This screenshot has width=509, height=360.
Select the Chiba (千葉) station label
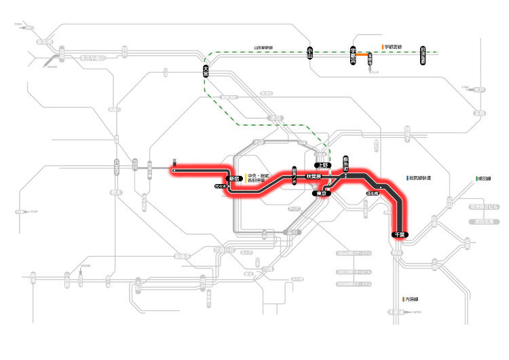[399, 234]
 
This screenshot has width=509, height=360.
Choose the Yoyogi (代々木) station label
[220, 185]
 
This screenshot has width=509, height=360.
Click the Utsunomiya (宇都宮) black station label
[353, 56]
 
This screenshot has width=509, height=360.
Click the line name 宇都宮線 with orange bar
[392, 47]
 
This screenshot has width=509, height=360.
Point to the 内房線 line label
[413, 298]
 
